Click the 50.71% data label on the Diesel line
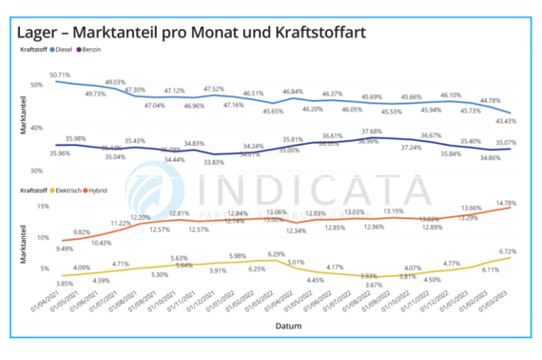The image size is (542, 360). coord(60,75)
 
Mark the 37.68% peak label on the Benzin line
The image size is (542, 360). coord(373,131)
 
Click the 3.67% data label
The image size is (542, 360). coord(373,284)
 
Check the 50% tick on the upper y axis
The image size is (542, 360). coord(36,84)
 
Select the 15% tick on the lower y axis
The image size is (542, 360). coord(36,205)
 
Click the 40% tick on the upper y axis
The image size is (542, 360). coord(36,127)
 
